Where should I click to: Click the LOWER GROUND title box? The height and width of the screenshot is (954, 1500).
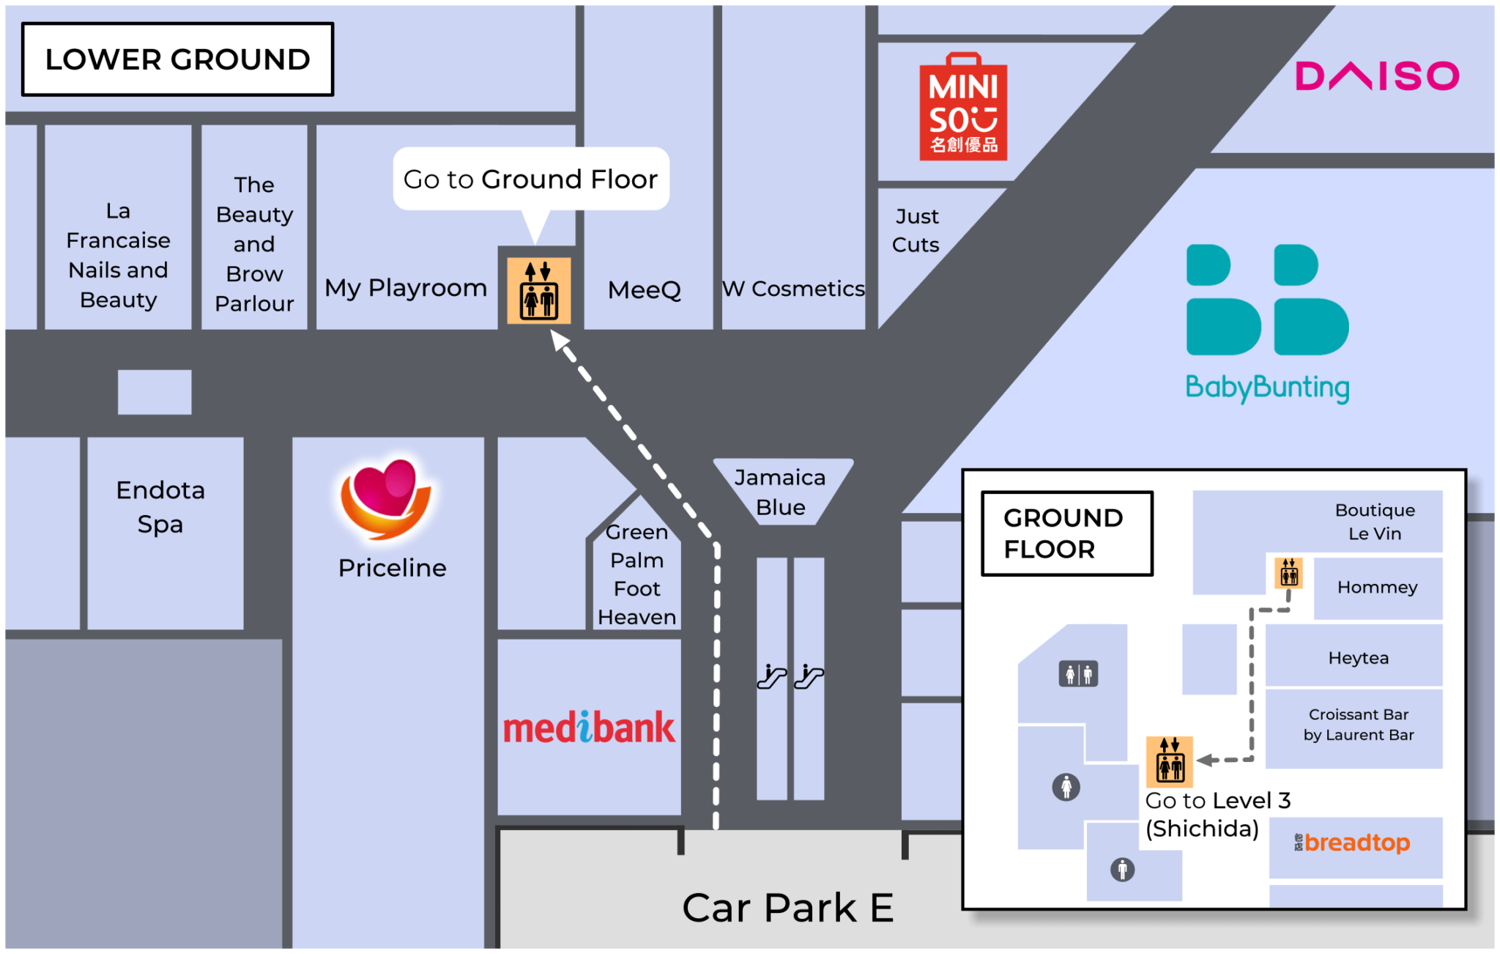click(177, 59)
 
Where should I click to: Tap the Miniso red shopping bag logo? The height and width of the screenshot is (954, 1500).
click(963, 108)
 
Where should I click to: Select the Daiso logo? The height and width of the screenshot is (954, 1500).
click(1377, 76)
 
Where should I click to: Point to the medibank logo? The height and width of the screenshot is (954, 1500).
click(589, 728)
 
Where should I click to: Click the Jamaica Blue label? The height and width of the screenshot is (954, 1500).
click(780, 492)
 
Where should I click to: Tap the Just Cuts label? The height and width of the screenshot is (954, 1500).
click(916, 230)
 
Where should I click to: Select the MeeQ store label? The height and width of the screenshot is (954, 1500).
click(644, 290)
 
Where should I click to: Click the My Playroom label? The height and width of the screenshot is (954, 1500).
click(406, 288)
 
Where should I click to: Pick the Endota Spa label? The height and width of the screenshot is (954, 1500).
click(160, 506)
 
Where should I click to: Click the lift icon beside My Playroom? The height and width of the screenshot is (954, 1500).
click(539, 291)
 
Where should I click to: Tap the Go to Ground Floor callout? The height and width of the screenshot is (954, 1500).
click(530, 180)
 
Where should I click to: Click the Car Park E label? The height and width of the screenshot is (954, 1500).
click(787, 908)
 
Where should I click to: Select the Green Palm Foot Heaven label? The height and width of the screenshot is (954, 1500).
click(636, 574)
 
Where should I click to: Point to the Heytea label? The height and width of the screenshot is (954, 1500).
click(1358, 658)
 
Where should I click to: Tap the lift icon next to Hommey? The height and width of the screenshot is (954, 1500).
click(1288, 573)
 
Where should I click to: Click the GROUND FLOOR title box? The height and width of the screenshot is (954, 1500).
click(1066, 533)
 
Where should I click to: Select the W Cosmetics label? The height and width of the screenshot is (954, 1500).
click(793, 289)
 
